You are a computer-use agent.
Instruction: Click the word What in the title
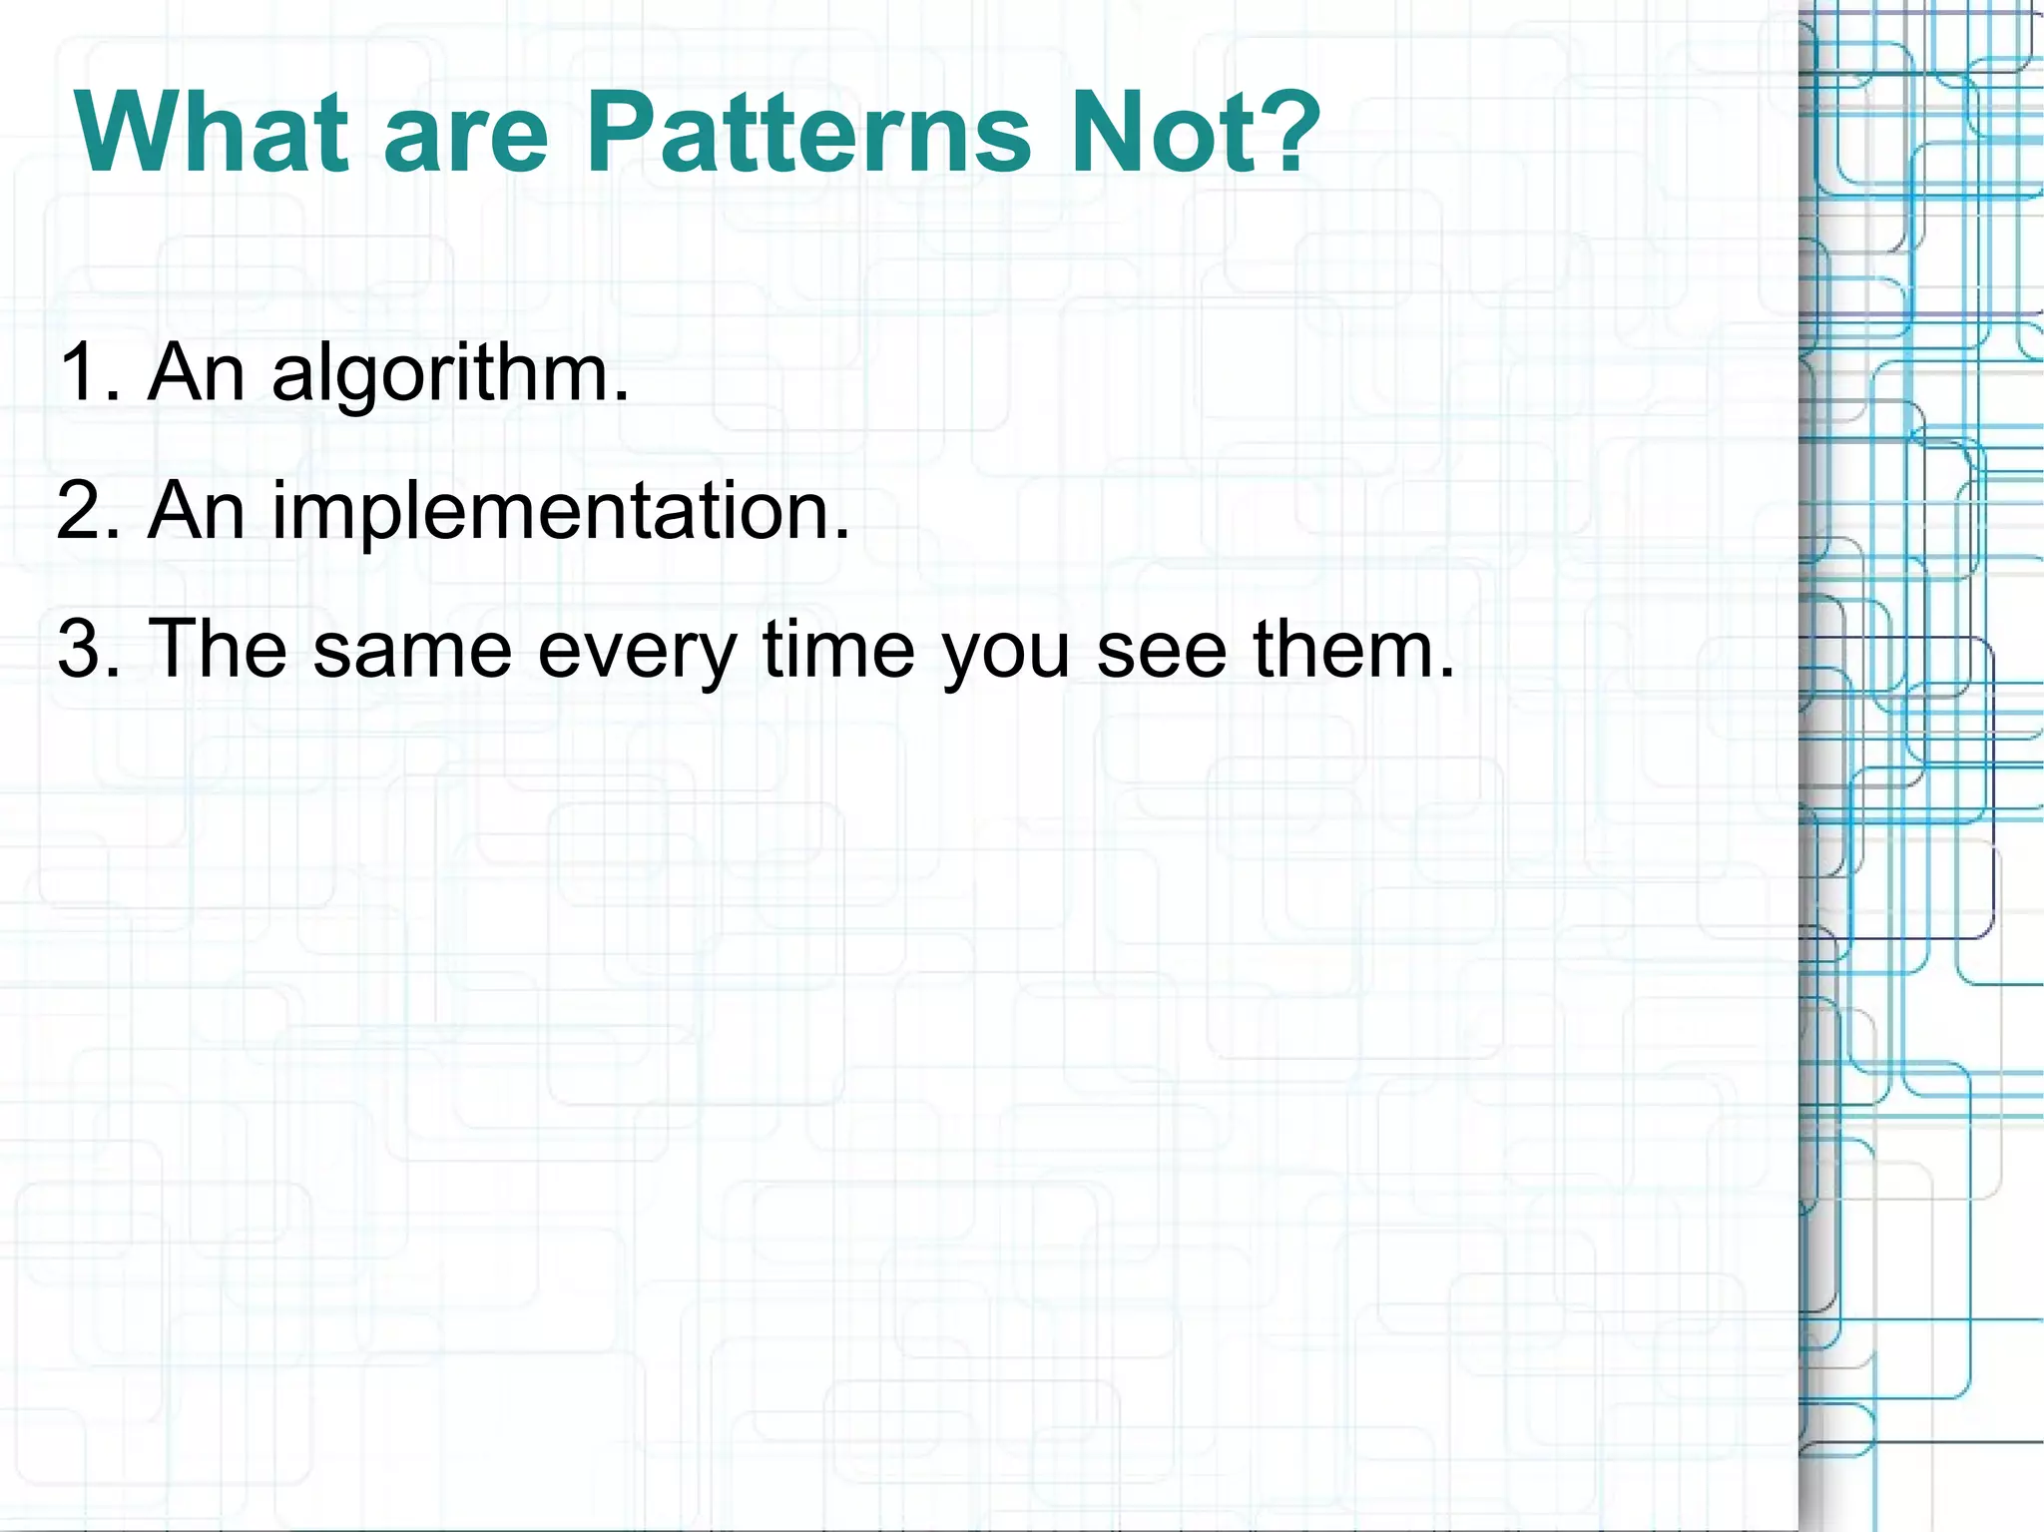point(212,133)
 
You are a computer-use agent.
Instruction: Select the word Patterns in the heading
point(808,133)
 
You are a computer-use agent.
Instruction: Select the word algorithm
point(439,374)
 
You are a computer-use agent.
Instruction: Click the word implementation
point(549,512)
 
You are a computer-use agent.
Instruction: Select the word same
point(412,651)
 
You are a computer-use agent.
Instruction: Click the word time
point(838,649)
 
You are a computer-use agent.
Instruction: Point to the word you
point(1004,655)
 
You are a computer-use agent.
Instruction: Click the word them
point(1343,649)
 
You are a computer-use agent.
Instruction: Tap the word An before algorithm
point(196,372)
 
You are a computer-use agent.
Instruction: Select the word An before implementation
point(196,511)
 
